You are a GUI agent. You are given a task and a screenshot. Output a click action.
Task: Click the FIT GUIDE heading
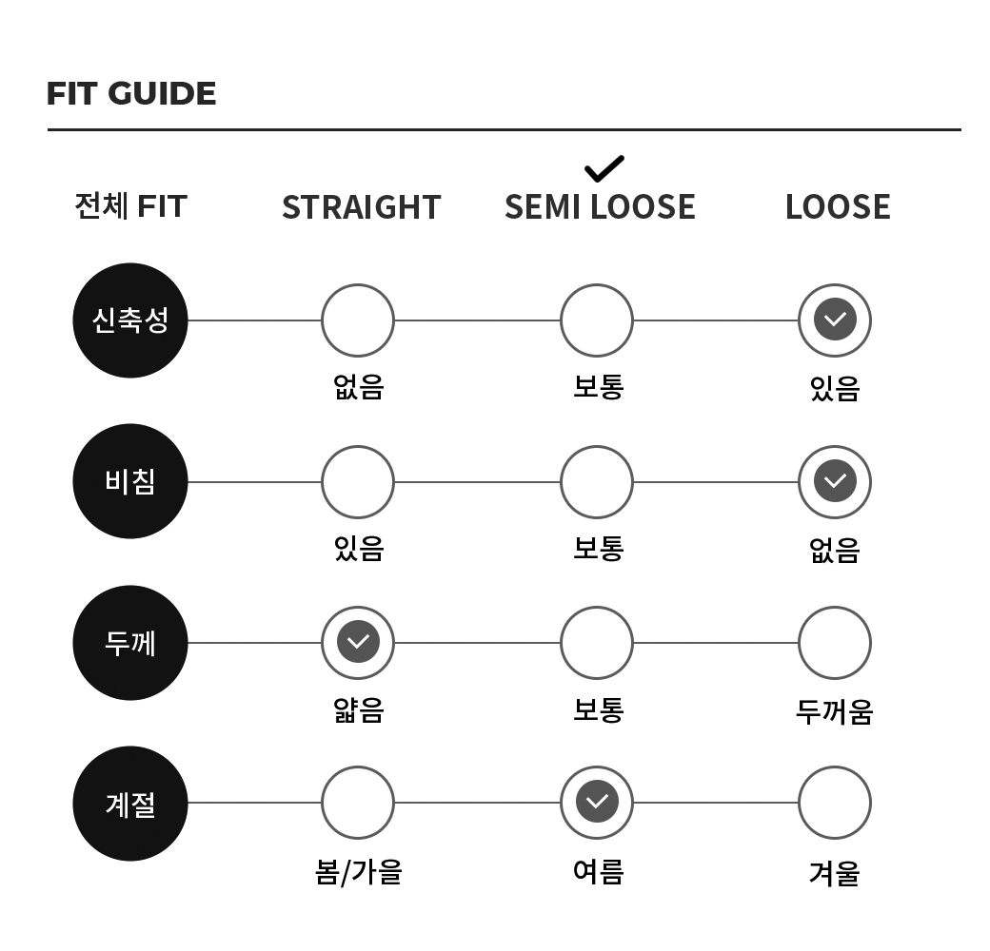pos(131,94)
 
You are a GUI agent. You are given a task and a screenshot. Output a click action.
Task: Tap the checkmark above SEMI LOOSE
pos(604,168)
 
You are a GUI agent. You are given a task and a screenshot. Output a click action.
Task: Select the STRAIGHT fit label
pos(361,207)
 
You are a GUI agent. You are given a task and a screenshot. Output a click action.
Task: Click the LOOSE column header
pos(838,207)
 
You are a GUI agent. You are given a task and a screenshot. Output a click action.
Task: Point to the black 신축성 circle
pos(130,320)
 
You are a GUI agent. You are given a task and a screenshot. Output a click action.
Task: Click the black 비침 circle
pos(130,481)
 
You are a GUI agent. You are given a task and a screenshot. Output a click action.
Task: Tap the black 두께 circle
pos(130,643)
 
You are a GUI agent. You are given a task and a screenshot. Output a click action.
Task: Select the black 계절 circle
pos(130,804)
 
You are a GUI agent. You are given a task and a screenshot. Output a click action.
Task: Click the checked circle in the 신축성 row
pos(835,320)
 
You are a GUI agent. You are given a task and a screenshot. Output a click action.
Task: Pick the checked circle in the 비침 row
pos(835,482)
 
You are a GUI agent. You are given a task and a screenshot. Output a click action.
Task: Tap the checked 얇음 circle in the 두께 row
pos(358,643)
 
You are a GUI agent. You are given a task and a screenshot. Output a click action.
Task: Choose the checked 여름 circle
pos(597,803)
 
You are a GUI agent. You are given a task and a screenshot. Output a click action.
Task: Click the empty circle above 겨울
pos(835,803)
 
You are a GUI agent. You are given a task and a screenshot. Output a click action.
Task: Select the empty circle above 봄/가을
pos(358,803)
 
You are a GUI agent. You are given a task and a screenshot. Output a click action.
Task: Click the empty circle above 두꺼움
pos(835,643)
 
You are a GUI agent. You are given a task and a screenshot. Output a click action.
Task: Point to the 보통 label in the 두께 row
pos(599,710)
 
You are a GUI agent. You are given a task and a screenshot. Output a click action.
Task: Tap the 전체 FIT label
pos(130,206)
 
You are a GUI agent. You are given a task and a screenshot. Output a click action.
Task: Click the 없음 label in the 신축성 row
pos(359,386)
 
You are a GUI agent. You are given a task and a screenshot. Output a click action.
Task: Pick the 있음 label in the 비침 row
pos(359,548)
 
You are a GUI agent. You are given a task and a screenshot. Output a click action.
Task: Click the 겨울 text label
pos(835,873)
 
